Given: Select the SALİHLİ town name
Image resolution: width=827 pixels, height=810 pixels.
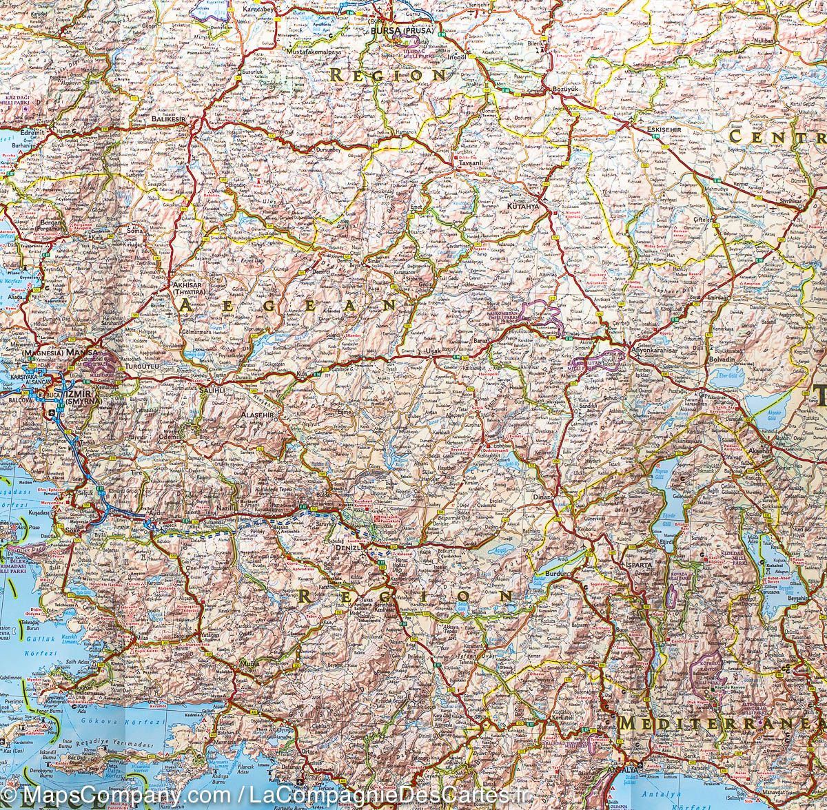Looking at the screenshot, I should click(x=214, y=390).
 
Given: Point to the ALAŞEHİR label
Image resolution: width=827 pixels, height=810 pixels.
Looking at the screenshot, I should click(x=258, y=416).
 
